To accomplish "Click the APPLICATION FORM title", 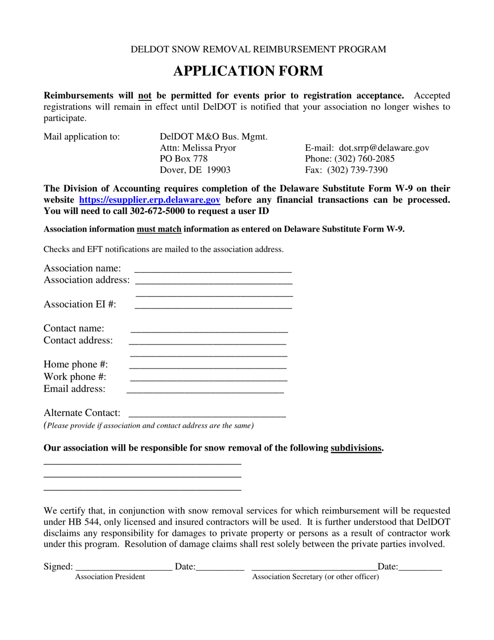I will (248, 71).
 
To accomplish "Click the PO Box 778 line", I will (184, 159).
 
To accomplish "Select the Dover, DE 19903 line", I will (195, 170).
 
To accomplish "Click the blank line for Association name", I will (213, 270).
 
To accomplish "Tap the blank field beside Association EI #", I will (213, 306).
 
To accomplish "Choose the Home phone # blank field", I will (208, 366).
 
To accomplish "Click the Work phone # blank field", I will (208, 378).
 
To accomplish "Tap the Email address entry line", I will (205, 390).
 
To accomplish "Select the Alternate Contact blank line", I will (207, 415).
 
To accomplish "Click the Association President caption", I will (110, 577).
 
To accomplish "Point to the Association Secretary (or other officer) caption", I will (316, 577).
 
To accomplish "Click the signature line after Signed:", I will (124, 568).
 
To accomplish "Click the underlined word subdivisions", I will (357, 448).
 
